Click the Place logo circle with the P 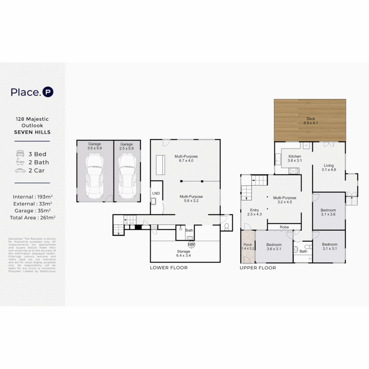point(48,92)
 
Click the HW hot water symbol point(191,245)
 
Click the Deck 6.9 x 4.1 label point(311,121)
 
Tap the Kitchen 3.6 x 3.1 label point(295,159)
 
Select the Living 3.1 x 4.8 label point(329,168)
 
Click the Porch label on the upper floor point(248,247)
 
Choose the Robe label point(284,227)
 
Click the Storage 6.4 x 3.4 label point(183,254)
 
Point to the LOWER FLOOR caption point(168,268)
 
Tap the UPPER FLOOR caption point(258,268)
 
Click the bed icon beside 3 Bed point(20,154)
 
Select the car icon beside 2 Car point(20,170)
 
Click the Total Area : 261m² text point(33,217)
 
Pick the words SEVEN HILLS point(32,132)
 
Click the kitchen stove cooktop point(293,171)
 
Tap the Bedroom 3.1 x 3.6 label point(328,212)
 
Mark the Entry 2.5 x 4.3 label point(254,212)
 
